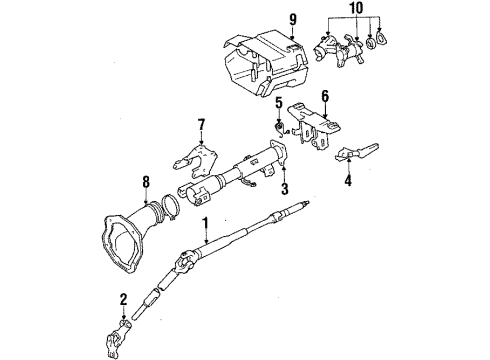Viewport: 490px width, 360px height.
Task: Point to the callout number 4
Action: click(347, 183)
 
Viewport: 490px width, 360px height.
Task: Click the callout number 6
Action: click(324, 95)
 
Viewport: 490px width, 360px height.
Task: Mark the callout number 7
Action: click(200, 124)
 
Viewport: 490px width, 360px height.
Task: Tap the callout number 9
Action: click(292, 18)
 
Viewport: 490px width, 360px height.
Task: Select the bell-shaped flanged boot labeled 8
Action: click(131, 229)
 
